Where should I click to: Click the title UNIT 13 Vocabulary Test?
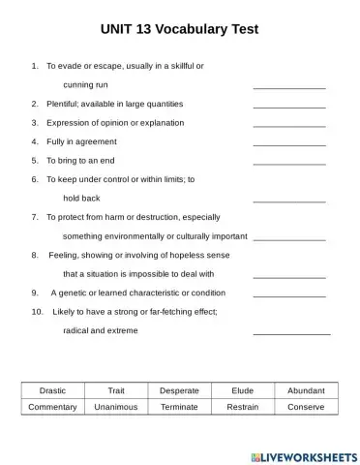(179, 29)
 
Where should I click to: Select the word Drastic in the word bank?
(52, 390)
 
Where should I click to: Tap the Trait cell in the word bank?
(116, 390)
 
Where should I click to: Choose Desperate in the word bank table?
(179, 390)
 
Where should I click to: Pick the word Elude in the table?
(243, 390)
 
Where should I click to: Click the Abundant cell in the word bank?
(306, 390)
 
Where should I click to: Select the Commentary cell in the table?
(52, 407)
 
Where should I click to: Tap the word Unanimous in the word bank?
(116, 407)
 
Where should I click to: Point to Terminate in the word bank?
(179, 407)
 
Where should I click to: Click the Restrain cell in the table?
(243, 407)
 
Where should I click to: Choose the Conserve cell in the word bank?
(306, 407)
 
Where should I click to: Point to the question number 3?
(35, 123)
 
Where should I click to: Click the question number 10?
(38, 312)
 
